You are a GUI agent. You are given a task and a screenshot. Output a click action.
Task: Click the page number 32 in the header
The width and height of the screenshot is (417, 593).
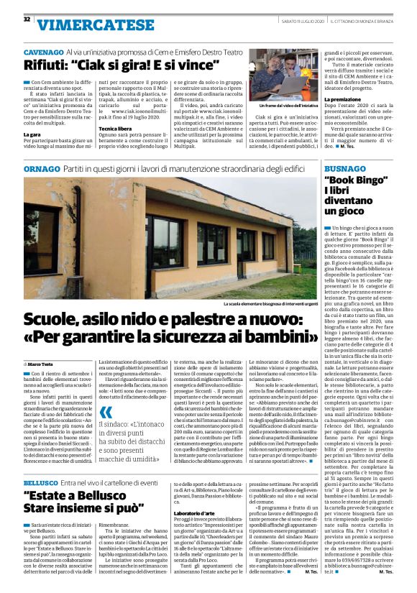[x=27, y=19]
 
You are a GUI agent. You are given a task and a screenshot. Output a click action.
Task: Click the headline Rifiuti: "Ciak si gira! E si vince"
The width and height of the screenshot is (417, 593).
[x=122, y=65]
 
